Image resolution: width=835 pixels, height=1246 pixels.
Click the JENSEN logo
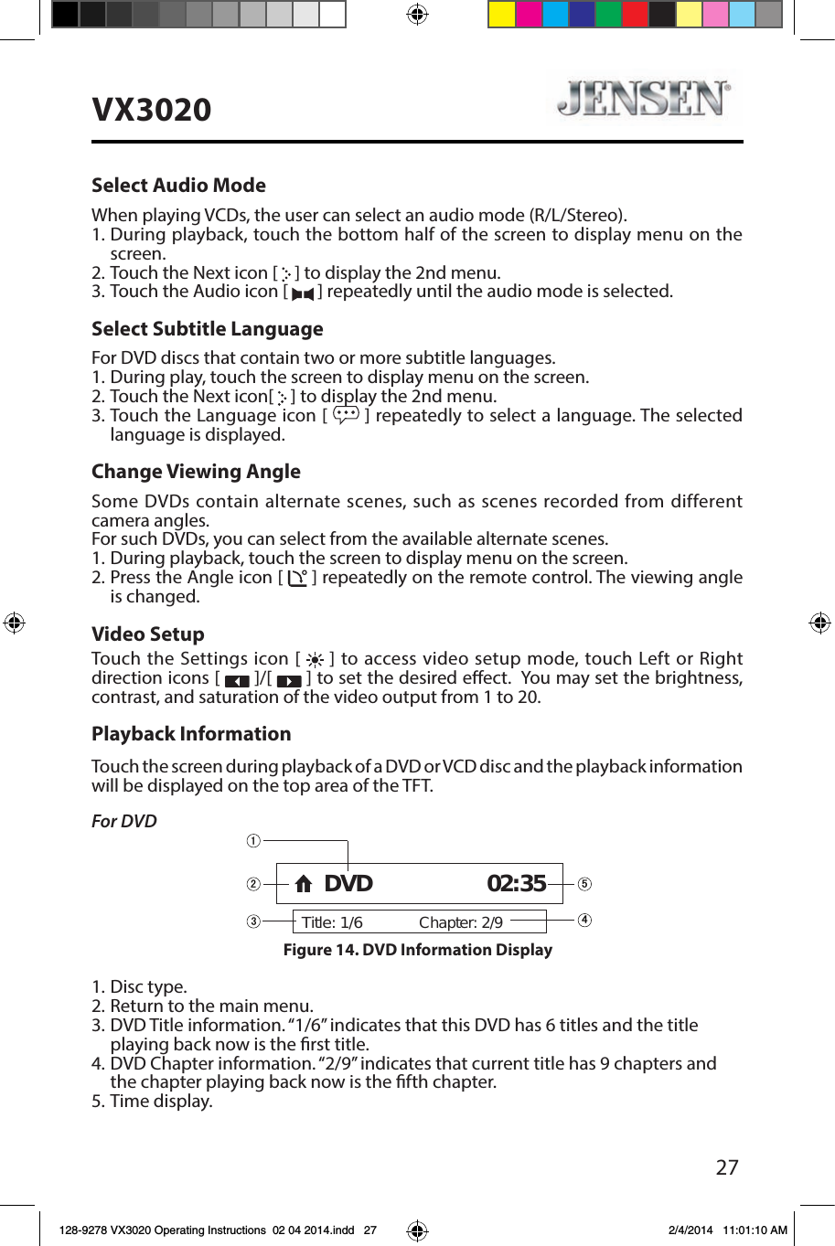point(644,99)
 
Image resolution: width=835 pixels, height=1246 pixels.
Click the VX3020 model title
point(152,110)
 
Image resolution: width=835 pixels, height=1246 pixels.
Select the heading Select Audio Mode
point(178,186)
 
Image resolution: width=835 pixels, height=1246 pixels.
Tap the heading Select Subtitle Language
point(207,329)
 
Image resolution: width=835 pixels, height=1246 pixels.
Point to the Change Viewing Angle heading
point(196,472)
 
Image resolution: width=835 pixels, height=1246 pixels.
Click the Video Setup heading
point(147,634)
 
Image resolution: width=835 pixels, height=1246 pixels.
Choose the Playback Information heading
point(191,734)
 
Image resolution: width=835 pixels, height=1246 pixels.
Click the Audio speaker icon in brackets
point(303,293)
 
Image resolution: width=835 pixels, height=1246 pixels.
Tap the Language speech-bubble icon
point(347,416)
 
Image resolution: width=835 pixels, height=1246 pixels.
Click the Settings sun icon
point(315,660)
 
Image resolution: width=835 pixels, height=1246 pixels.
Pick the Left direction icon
point(237,681)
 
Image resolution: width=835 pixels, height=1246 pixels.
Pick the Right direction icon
point(289,681)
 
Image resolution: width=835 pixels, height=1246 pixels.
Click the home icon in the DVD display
point(304,884)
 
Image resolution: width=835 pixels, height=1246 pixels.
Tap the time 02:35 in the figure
point(516,884)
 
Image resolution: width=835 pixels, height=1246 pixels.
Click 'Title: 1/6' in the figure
point(332,922)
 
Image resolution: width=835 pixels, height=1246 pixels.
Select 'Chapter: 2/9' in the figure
point(461,922)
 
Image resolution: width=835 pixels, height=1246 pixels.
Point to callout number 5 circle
point(584,884)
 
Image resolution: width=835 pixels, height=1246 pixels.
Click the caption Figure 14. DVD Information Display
point(417,950)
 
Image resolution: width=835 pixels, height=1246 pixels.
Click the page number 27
point(727,1167)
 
